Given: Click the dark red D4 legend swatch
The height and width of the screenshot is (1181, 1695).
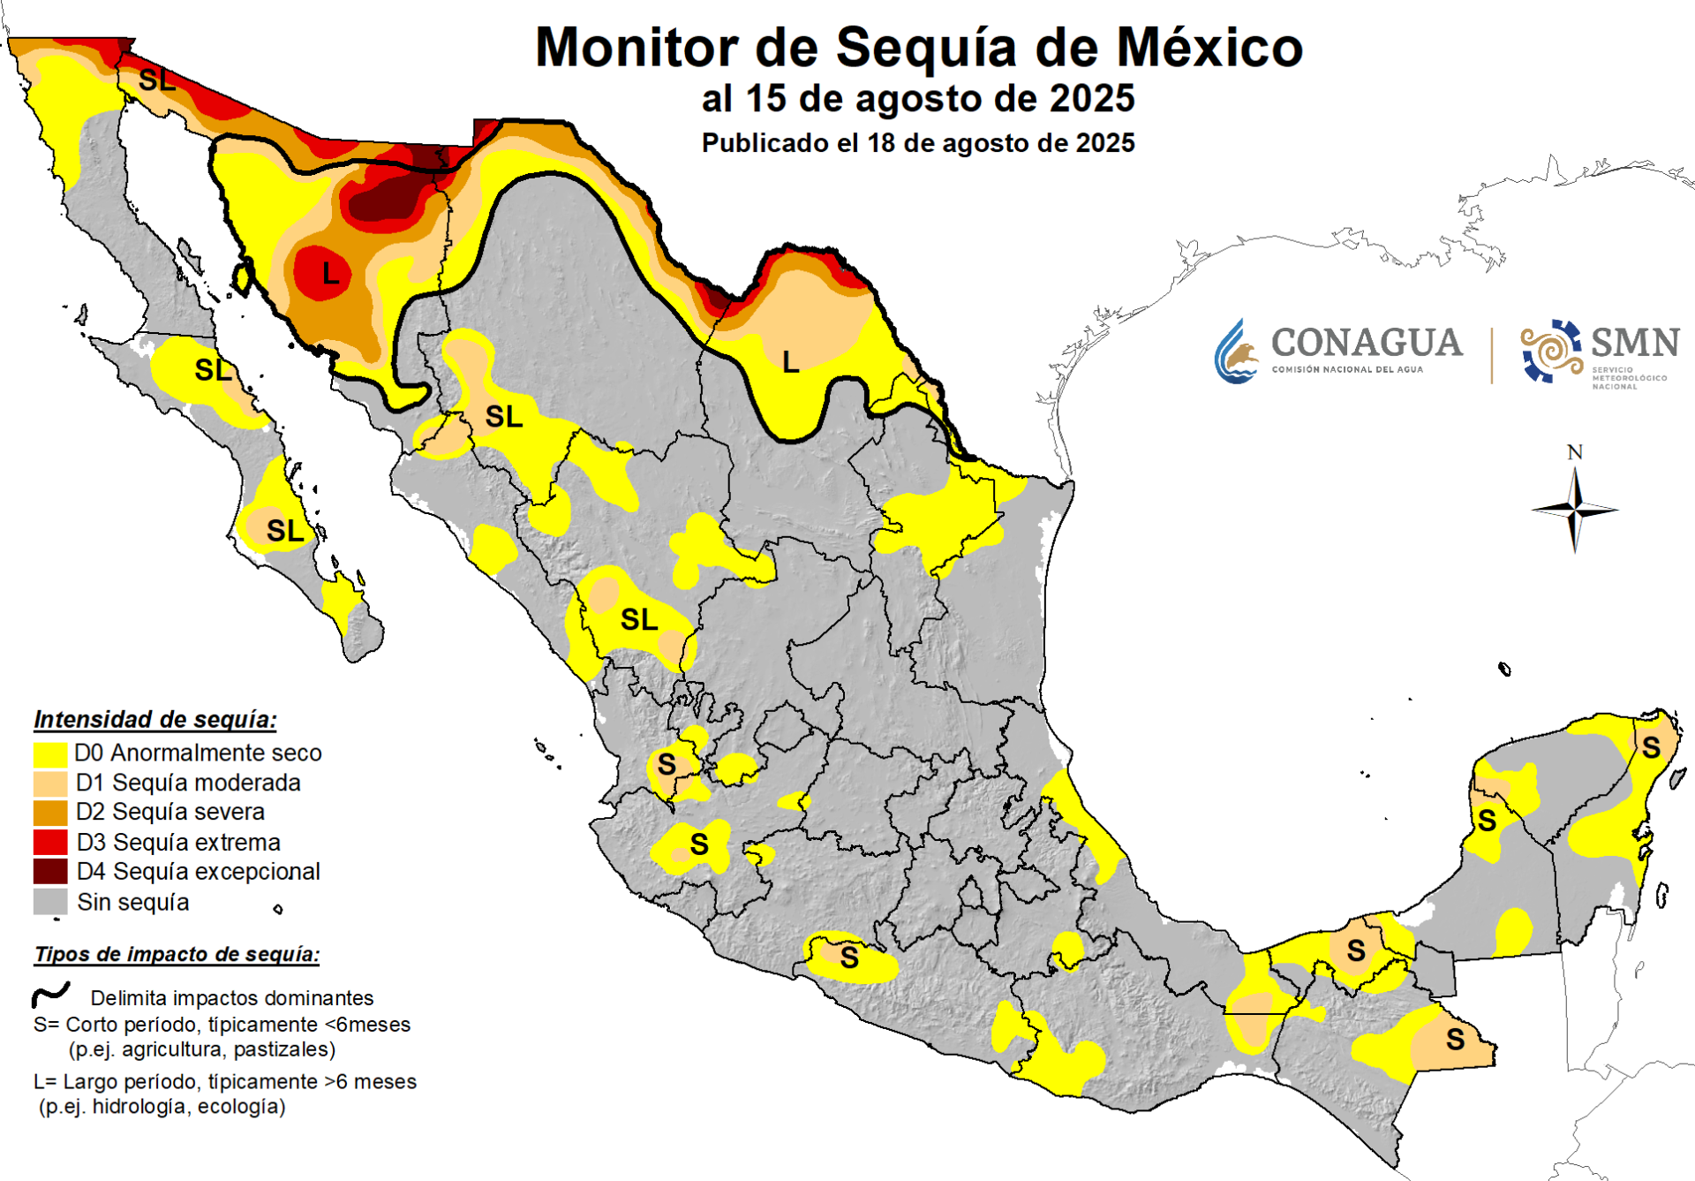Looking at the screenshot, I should (x=50, y=872).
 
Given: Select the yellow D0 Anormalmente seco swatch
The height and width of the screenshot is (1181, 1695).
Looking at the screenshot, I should (x=50, y=753).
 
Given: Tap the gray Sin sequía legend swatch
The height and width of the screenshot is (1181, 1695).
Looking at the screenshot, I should (x=50, y=902).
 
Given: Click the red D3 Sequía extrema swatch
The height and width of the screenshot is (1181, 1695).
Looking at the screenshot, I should (x=50, y=842).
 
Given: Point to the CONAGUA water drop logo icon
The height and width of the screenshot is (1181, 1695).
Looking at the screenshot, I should (x=1235, y=352).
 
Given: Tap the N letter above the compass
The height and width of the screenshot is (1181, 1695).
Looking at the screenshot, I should (x=1574, y=452).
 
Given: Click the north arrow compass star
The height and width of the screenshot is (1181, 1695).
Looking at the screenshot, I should (x=1575, y=510).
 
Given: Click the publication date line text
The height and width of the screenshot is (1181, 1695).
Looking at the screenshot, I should (x=918, y=143).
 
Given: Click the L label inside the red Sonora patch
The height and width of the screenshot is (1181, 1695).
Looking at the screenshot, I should (x=330, y=274).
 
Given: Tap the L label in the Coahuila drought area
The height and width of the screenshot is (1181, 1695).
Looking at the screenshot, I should (x=790, y=361).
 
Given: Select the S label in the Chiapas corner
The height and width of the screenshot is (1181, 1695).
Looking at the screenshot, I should (x=1455, y=1040).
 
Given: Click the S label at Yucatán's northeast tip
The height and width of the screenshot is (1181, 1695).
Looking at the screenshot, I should (x=1651, y=748).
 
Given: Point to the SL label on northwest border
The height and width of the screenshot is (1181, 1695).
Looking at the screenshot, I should (x=156, y=80).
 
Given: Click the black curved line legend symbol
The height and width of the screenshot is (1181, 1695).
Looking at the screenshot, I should (x=51, y=996).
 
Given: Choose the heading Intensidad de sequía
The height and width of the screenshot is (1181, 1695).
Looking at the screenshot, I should (x=155, y=719).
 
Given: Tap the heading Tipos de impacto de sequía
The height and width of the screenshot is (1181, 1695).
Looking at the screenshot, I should (x=177, y=954).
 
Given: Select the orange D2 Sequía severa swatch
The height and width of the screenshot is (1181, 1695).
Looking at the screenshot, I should (x=50, y=812).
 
